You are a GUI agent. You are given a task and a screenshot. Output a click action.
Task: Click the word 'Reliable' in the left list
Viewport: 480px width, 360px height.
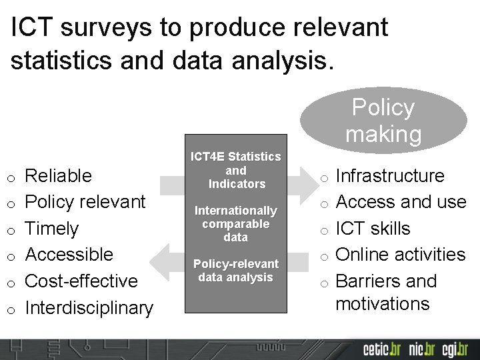58,176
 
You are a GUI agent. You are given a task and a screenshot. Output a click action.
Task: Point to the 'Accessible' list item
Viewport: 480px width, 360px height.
69,255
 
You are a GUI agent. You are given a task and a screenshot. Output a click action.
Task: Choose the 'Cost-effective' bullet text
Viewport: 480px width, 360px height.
81,281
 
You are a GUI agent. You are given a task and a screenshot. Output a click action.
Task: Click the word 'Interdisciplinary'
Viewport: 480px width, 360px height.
89,308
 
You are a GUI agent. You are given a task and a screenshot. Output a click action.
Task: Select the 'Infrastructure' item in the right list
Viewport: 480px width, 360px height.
390,176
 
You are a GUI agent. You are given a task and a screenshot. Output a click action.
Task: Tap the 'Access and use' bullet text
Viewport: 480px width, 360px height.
401,202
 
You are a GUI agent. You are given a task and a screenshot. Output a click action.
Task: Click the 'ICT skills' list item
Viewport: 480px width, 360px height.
373,229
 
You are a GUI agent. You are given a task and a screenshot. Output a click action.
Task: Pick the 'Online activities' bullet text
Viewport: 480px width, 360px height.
401,255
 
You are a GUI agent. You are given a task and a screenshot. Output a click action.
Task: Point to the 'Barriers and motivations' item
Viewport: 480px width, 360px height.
386,292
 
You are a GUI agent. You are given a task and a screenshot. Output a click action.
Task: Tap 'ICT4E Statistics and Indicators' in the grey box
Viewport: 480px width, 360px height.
236,170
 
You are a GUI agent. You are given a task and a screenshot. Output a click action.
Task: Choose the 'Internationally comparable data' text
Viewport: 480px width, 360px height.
236,224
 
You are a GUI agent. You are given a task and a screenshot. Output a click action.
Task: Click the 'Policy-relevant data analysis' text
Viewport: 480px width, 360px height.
236,271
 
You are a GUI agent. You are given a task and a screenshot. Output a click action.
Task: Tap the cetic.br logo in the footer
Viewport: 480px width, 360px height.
380,349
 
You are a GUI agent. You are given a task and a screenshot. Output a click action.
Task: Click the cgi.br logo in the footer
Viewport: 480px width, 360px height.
456,349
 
